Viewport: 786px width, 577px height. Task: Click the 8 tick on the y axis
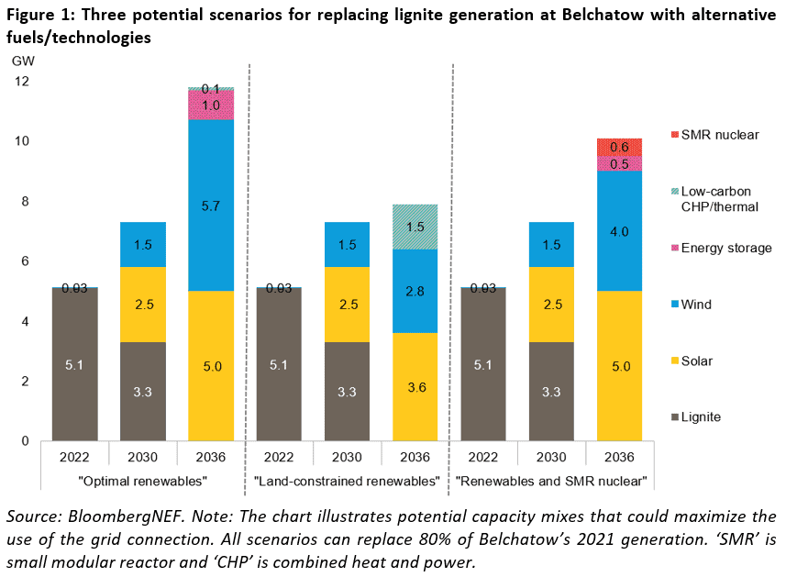pos(24,202)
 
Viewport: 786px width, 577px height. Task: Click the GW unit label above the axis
pos(21,60)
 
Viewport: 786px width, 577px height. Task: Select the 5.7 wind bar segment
pos(211,205)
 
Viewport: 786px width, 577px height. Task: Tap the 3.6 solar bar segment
pos(415,387)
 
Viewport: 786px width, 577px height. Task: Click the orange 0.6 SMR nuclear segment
pos(620,147)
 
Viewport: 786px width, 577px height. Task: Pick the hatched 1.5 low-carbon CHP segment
pos(415,227)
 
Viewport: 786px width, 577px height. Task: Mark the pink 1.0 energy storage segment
pos(211,105)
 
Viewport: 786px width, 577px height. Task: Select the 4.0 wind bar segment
pos(620,231)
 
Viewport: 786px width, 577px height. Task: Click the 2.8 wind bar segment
pos(415,292)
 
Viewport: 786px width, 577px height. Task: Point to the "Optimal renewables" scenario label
pos(143,480)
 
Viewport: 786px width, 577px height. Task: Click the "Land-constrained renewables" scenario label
pos(347,480)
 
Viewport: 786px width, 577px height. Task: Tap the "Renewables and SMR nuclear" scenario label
pos(552,480)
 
